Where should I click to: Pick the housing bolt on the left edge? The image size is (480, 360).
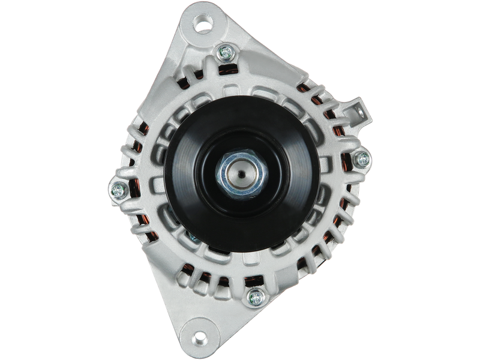[x=117, y=190]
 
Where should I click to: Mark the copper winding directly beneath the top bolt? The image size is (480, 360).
[x=227, y=70]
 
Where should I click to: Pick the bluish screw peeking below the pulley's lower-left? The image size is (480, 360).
[x=193, y=239]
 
